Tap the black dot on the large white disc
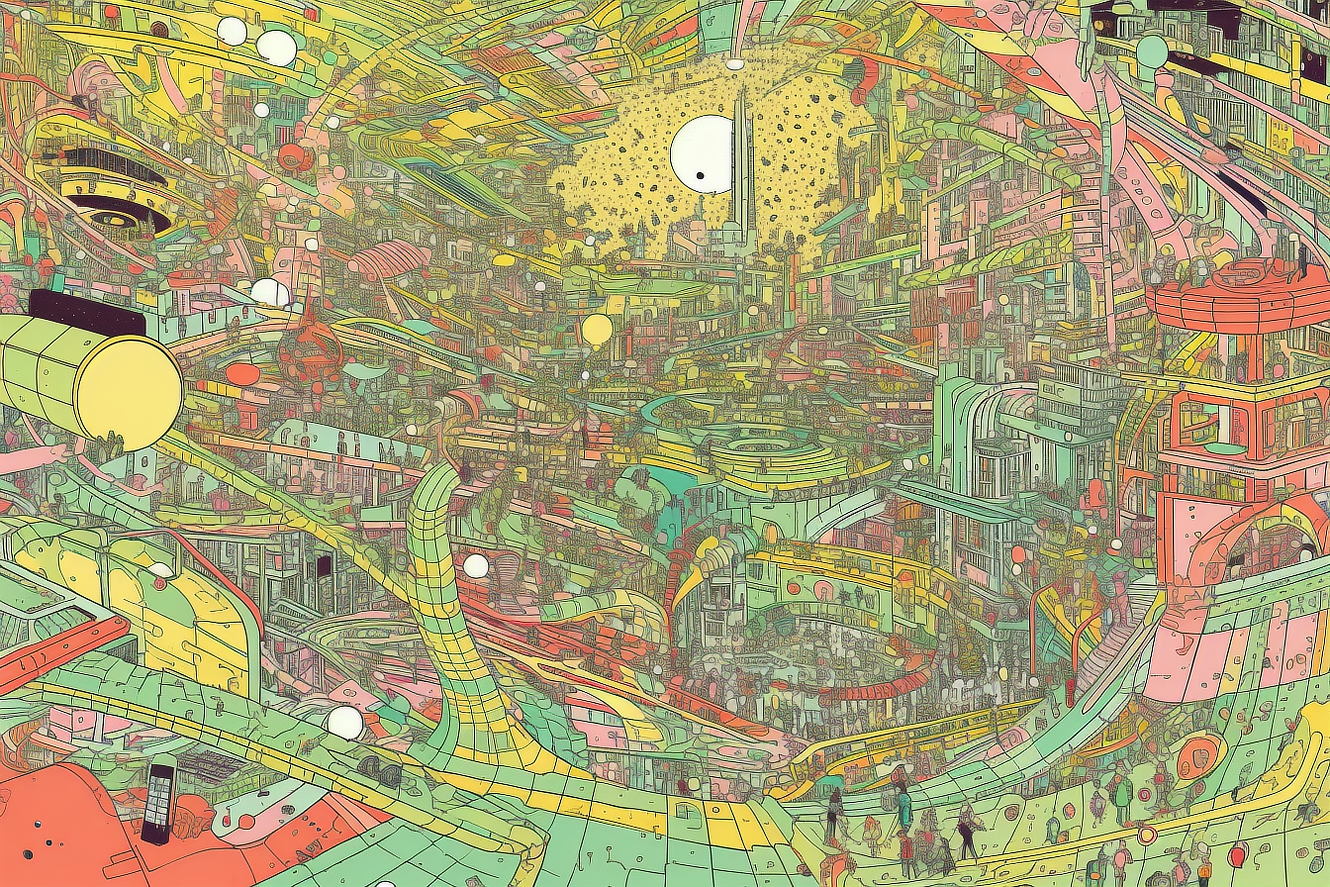700,176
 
